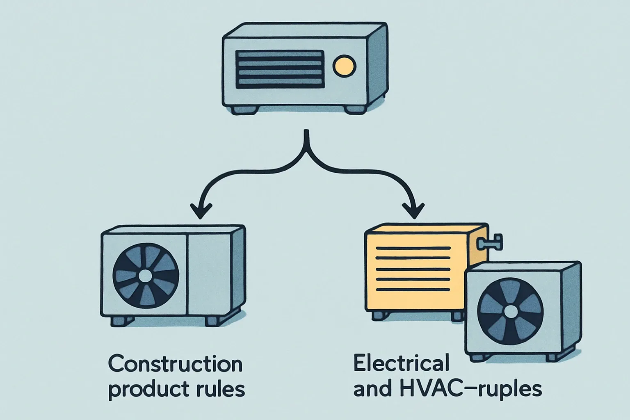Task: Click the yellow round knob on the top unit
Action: (344, 66)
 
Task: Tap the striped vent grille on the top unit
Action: (280, 69)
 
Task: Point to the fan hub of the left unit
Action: (145, 276)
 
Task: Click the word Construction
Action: (175, 365)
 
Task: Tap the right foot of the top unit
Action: (355, 110)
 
